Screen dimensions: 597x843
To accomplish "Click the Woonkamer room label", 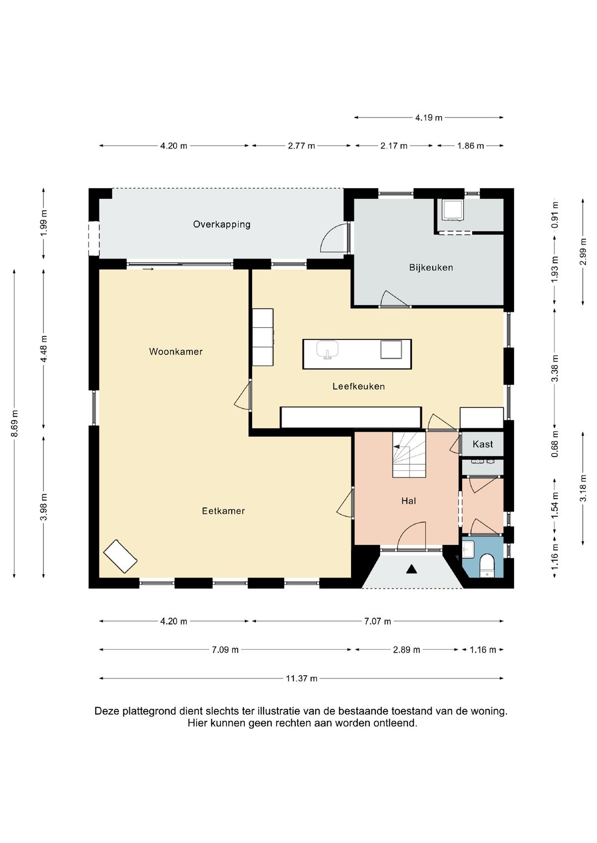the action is (176, 352).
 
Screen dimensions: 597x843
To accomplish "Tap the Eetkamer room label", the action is (223, 511).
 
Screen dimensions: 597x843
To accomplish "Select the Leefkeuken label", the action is (358, 386).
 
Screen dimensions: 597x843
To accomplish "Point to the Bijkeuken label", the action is (431, 268).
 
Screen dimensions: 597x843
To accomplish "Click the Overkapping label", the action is (222, 225).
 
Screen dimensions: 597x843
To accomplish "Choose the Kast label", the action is (483, 444).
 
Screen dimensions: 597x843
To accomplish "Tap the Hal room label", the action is (409, 501).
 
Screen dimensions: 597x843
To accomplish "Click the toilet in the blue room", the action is (488, 565).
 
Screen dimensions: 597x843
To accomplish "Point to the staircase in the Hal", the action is (409, 454).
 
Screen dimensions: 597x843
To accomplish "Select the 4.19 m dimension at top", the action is (428, 118).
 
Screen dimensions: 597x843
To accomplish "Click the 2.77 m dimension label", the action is (301, 146).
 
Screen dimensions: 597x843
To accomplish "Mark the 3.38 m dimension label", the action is (554, 368).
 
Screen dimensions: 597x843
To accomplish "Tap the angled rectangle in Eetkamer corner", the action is (121, 557).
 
